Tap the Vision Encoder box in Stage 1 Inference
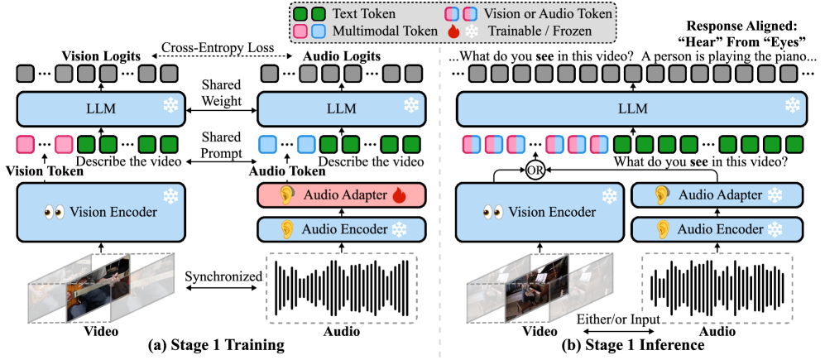[540, 213]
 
